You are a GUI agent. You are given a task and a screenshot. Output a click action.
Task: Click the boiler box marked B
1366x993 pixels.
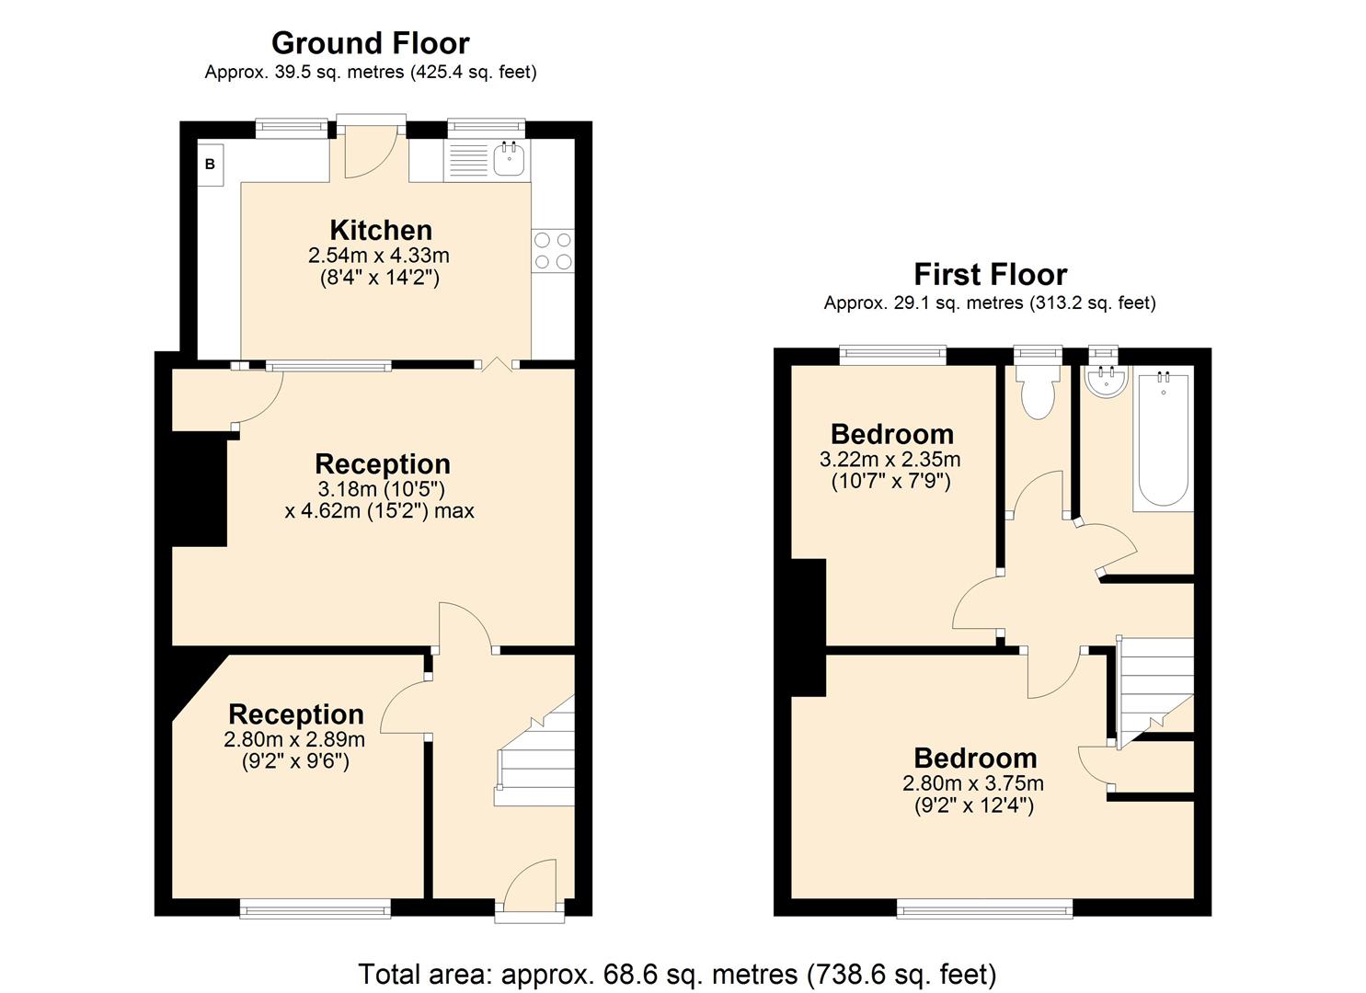(210, 165)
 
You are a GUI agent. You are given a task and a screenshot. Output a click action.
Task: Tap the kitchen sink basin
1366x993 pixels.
(509, 160)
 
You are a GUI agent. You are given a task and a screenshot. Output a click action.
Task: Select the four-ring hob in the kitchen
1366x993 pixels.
(553, 250)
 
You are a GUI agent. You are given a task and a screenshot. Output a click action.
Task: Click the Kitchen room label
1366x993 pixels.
(381, 230)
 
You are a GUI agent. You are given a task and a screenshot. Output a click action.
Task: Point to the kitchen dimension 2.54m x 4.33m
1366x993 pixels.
(379, 256)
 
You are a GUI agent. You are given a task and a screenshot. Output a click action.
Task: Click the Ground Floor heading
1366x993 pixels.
(370, 43)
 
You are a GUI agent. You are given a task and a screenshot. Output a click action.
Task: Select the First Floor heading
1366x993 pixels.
(990, 274)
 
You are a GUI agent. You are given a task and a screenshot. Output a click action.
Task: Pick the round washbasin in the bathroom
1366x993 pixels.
(1104, 382)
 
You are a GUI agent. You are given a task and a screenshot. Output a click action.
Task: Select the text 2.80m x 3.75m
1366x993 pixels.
(973, 783)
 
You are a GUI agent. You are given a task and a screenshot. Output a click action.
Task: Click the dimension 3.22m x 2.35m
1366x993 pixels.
(890, 459)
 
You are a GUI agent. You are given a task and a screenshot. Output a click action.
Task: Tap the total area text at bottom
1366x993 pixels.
(677, 974)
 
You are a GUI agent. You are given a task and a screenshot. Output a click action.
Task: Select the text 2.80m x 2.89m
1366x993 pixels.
(294, 739)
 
